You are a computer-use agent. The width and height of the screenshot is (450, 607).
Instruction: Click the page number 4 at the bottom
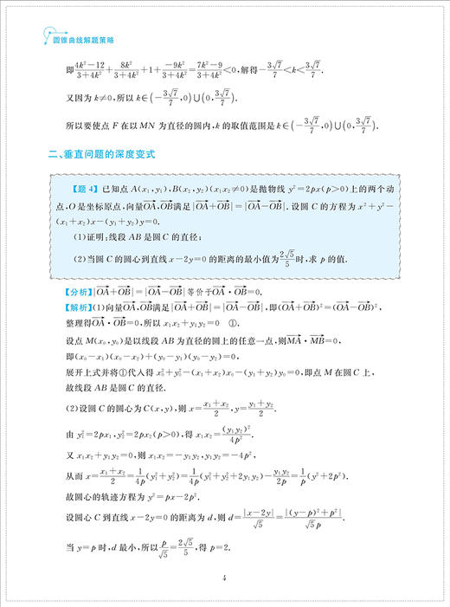223,578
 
